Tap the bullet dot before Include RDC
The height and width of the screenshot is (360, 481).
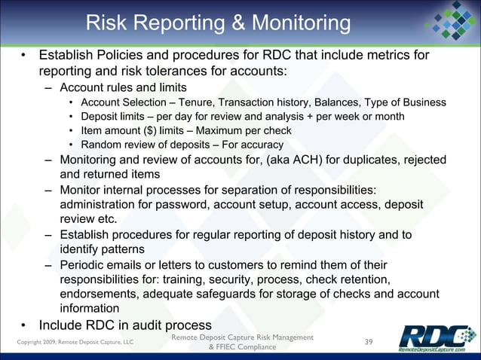[25, 326]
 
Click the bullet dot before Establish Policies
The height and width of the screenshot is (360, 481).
[25, 56]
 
